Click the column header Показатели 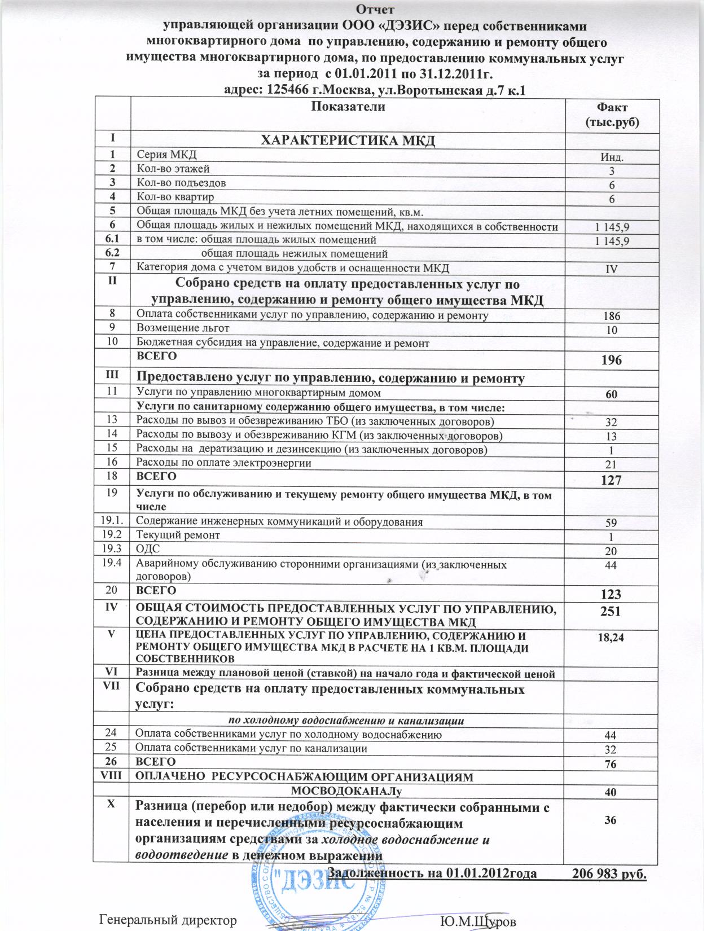tap(346, 107)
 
